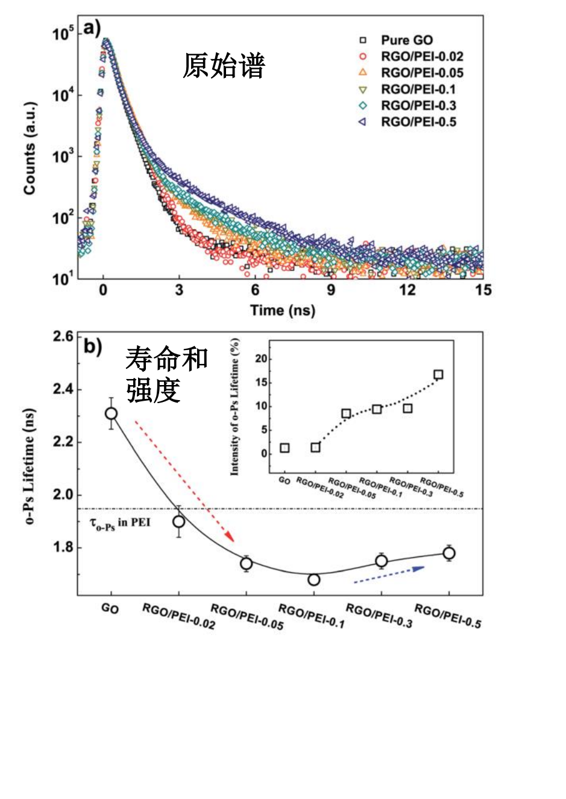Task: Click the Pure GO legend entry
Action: [x=397, y=40]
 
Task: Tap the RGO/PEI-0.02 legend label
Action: [x=423, y=56]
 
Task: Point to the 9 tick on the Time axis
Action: [x=331, y=290]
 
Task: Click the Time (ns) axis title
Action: [x=283, y=310]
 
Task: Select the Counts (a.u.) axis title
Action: [x=30, y=149]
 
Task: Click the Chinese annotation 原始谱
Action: [x=224, y=65]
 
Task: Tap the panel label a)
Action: [x=92, y=28]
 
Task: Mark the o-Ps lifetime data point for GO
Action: [x=112, y=413]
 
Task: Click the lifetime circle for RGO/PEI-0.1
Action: [x=314, y=579]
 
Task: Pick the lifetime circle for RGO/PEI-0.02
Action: [x=179, y=521]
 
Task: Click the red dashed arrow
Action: [x=184, y=482]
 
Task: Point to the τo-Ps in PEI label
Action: [x=120, y=524]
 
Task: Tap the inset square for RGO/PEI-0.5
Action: [x=438, y=374]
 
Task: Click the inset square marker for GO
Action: [x=285, y=448]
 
